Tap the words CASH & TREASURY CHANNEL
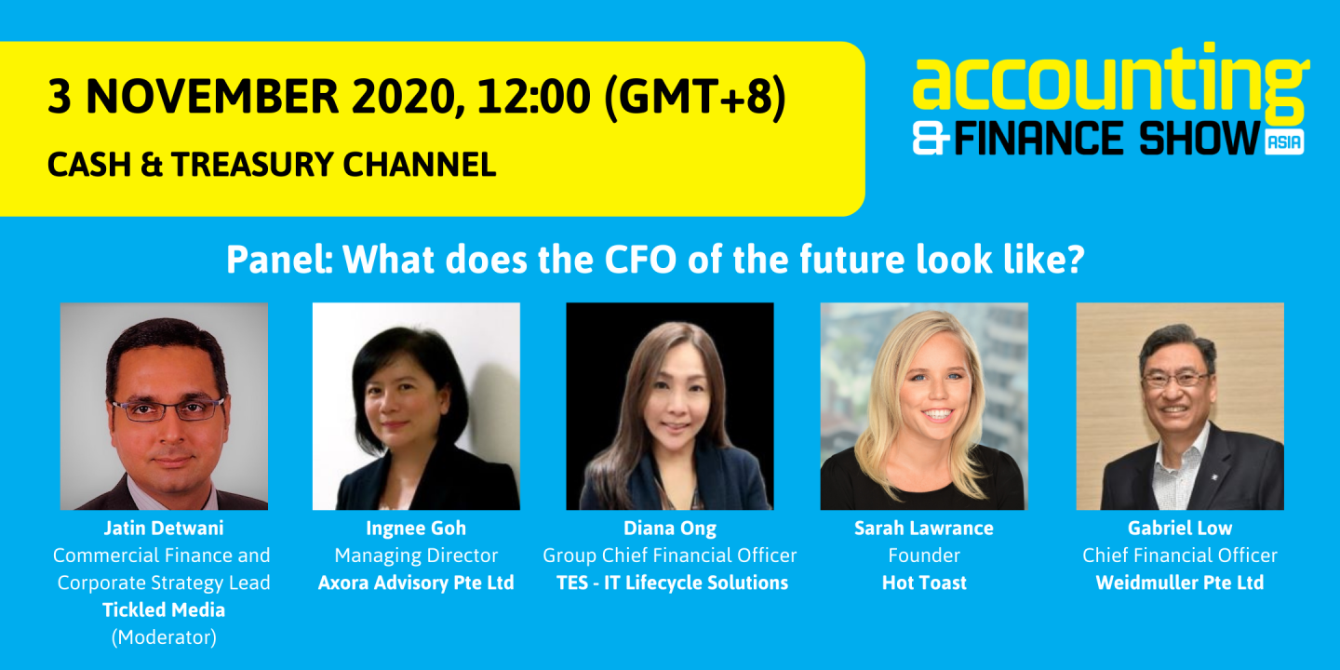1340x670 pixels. pos(272,165)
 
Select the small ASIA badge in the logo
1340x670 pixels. pos(1284,142)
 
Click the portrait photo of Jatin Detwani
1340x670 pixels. pos(164,406)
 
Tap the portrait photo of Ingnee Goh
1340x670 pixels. pos(416,406)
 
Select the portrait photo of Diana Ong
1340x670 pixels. pos(670,406)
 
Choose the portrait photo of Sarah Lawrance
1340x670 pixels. pos(924,406)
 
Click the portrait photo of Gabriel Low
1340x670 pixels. pos(1180,406)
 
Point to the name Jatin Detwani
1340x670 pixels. pos(164,529)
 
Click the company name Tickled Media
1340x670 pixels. pos(164,610)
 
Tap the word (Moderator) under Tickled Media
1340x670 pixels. pos(164,637)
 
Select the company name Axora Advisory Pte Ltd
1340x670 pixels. pos(416,583)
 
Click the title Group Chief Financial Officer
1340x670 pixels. pos(670,556)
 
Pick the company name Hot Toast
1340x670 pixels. pos(924,583)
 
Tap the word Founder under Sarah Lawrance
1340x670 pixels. pos(924,556)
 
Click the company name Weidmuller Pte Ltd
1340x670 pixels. pos(1180,583)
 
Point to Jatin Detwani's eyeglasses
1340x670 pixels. pos(168,409)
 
